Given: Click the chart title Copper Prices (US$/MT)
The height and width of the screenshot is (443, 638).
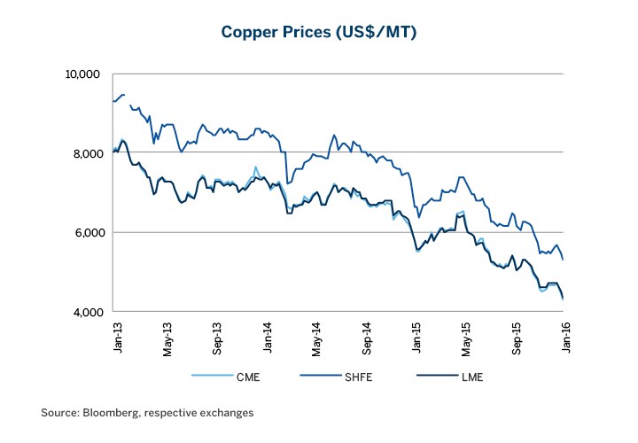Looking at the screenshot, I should click(x=318, y=33).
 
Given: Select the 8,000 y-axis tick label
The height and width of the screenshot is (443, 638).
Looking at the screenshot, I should click(x=89, y=153).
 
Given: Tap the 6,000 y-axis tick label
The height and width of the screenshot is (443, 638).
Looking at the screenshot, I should click(x=89, y=232).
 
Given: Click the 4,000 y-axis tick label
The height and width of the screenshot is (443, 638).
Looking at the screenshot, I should click(x=89, y=312).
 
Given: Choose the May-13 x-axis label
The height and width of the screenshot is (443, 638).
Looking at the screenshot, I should click(x=167, y=337).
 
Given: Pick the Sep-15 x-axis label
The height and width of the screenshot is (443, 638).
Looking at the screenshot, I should click(x=517, y=337).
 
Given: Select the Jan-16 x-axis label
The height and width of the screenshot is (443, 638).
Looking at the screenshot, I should click(x=565, y=337).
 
